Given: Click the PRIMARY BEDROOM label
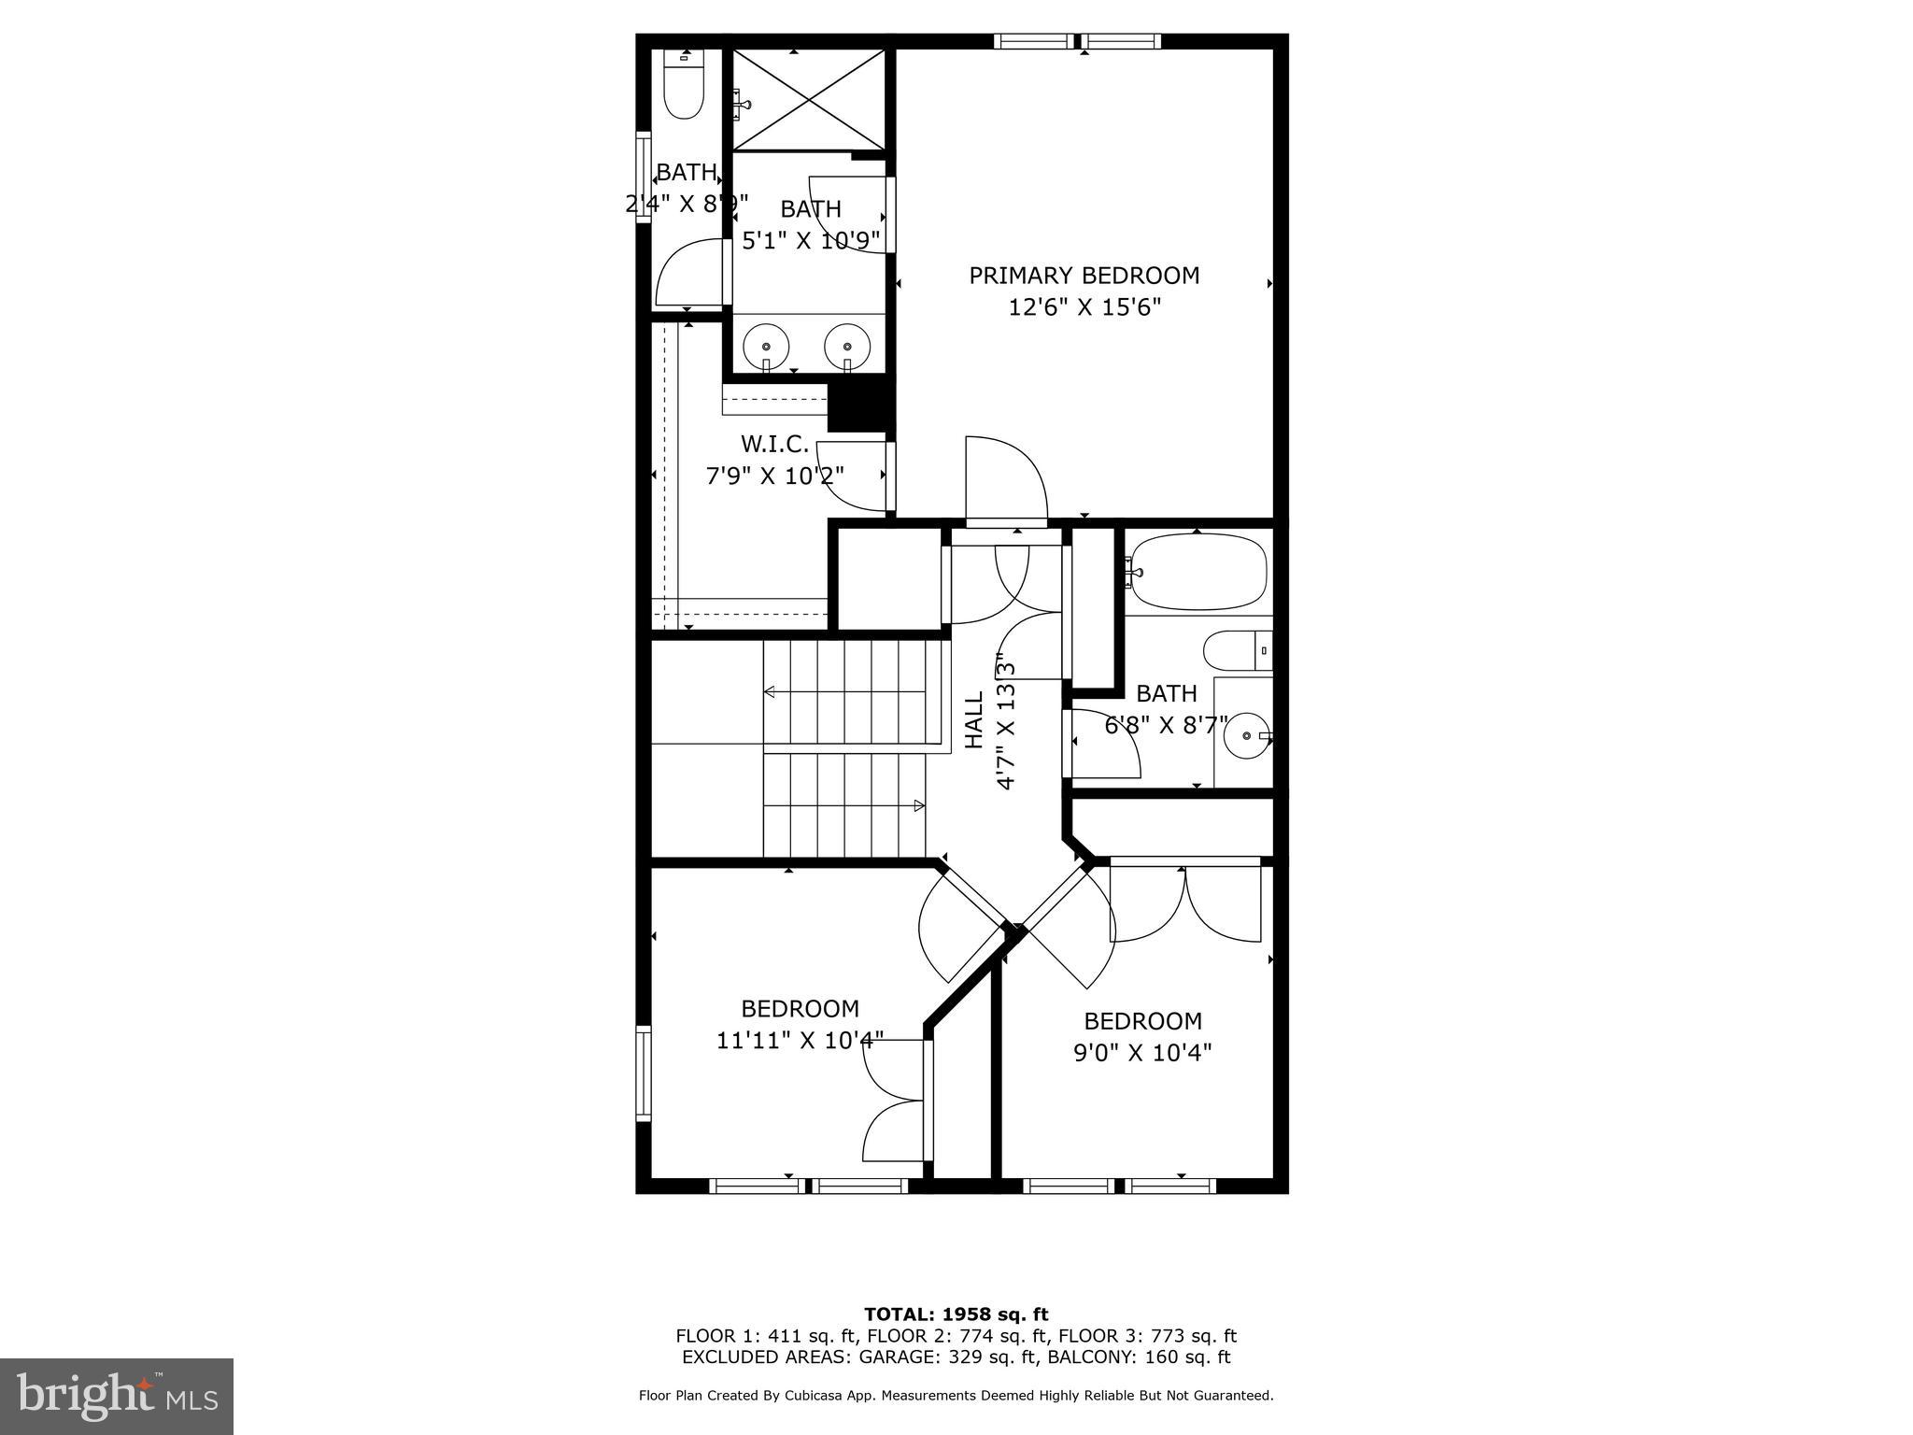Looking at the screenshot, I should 1084,276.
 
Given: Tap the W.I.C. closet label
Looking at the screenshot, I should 774,444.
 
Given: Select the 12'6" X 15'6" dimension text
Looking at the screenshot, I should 1084,307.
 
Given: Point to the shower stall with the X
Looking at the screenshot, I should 808,100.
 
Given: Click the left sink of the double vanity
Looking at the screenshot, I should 766,347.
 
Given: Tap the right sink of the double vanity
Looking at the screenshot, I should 847,347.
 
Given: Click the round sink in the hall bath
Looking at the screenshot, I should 1246,736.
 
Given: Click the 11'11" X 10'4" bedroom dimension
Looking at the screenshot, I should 800,1040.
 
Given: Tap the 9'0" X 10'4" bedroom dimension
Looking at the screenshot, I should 1142,1053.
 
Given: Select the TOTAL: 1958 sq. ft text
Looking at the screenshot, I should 956,1314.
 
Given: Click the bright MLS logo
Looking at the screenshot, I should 117,1397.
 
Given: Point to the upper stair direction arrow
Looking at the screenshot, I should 770,692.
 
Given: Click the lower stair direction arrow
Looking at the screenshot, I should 919,805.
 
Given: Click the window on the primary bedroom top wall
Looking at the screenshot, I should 1077,41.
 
